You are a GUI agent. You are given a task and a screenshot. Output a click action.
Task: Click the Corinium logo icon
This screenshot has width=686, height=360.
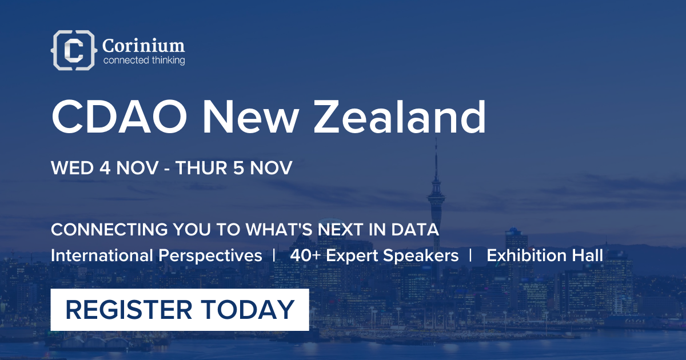[x=73, y=50]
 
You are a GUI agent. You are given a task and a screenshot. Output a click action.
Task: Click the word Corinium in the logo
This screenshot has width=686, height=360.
[x=143, y=45]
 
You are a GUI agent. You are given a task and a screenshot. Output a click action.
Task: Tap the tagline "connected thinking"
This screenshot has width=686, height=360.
[x=143, y=60]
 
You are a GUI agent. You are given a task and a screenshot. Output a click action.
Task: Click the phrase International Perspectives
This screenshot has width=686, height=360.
[x=156, y=255]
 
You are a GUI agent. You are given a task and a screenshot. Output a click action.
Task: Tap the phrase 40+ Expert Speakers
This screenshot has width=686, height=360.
[x=374, y=255]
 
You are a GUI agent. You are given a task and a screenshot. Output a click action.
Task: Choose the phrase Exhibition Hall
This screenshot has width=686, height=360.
[x=545, y=255]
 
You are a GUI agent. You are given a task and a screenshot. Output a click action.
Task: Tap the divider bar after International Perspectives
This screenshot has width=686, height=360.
[x=274, y=255]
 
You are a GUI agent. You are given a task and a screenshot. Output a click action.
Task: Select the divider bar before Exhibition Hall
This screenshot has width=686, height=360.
[x=470, y=255]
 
